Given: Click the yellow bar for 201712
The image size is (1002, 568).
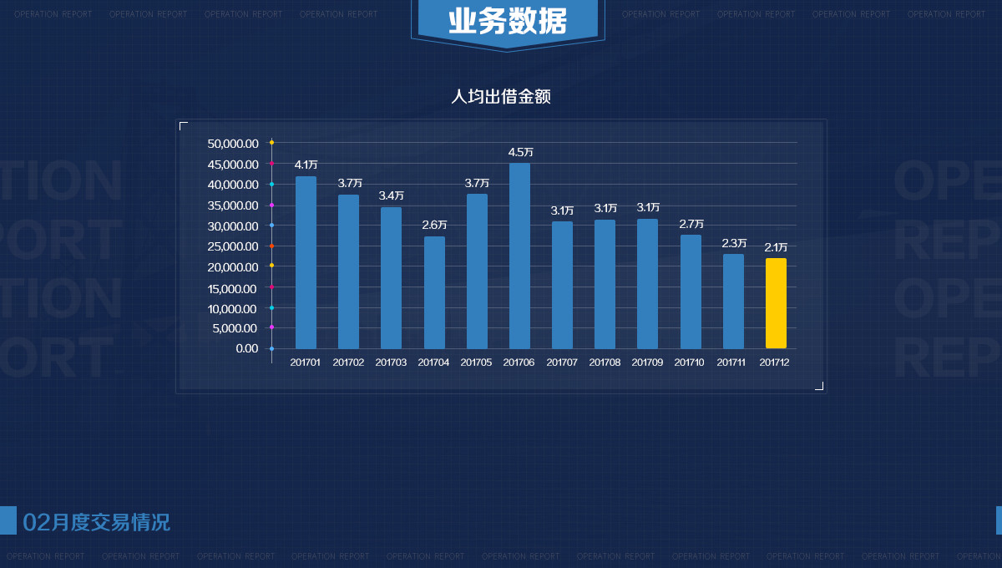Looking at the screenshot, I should tap(776, 303).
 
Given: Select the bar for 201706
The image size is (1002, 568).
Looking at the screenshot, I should tap(519, 256).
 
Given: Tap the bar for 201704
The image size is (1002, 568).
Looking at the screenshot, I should tap(434, 292).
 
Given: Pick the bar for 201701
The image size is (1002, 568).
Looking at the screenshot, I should tap(306, 262).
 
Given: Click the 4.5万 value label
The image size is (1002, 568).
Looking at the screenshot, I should tap(520, 152).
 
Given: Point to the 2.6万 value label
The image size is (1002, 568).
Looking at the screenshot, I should tap(434, 225).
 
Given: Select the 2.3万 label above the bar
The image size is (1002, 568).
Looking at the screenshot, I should tap(734, 243).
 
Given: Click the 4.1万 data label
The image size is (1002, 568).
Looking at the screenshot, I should tap(306, 165).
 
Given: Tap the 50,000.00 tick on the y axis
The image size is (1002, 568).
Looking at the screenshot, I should tap(233, 144).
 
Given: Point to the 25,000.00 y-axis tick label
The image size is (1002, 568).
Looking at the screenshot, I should tap(233, 246).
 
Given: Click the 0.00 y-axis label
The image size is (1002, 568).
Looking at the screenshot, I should tap(247, 348).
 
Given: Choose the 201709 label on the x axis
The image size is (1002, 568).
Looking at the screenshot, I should tap(647, 363).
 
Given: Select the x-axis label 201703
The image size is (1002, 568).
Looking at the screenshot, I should tap(391, 363).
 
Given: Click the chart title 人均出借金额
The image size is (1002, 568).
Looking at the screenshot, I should tap(501, 97).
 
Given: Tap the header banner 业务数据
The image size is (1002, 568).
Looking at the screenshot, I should tap(507, 22).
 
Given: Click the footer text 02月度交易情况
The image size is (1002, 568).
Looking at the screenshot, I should tap(97, 523).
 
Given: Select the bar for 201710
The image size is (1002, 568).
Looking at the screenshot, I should tap(691, 292).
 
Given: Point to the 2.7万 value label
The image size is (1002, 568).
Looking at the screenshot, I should tap(691, 224).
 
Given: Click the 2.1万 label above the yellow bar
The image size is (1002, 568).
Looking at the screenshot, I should tap(777, 247).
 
